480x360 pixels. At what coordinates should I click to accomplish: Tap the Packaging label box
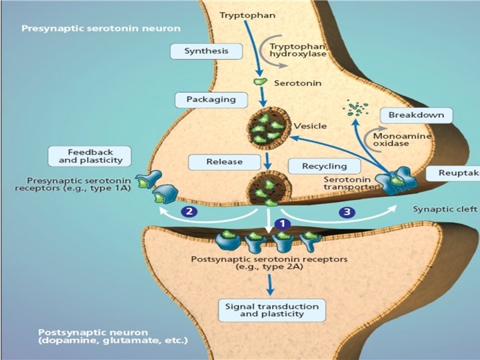tap(211, 99)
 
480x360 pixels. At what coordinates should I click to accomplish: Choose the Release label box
tap(224, 161)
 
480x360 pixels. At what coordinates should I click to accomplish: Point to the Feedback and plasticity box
tap(90, 157)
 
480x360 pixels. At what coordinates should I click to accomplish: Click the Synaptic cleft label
tap(445, 209)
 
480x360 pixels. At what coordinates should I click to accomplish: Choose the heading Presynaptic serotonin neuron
tap(101, 29)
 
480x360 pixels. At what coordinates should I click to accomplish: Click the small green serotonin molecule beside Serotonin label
tap(259, 82)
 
